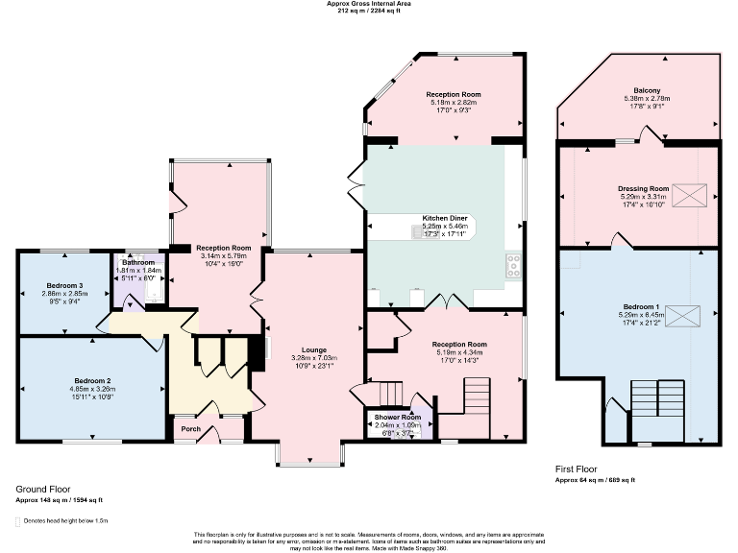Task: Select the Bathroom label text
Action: pos(138,262)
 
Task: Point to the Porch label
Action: pos(190,429)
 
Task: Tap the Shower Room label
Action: pos(398,418)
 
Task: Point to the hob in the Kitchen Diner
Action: pos(513,261)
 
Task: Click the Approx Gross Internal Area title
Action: pos(369,5)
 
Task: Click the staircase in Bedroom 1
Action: pos(656,402)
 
